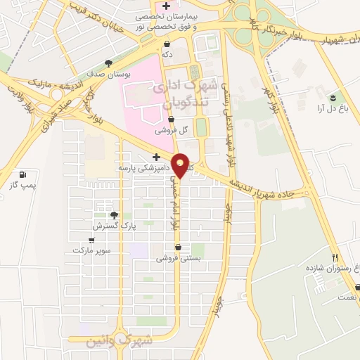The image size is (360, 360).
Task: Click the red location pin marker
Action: tap(181, 165)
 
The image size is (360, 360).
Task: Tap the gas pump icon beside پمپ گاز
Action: tap(24, 174)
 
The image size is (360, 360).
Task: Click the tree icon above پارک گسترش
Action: tap(114, 216)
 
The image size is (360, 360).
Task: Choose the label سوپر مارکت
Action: tap(90, 250)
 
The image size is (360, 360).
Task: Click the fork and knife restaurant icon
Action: tap(335, 257)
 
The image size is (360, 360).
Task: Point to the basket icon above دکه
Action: tap(166, 44)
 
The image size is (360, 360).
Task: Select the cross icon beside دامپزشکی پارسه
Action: tap(156, 157)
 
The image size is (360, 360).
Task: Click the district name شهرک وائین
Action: tap(109, 342)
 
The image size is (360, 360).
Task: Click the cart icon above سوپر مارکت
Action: tap(91, 240)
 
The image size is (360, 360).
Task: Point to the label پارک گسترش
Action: tap(113, 226)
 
